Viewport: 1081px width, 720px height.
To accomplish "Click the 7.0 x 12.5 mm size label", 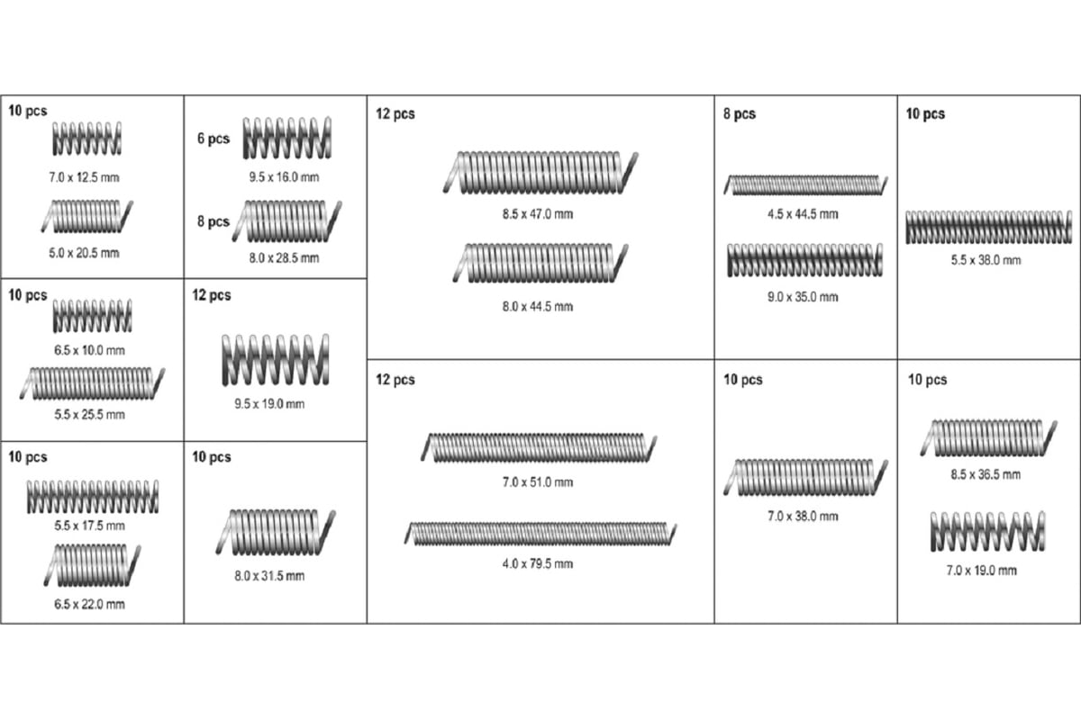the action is click(84, 177).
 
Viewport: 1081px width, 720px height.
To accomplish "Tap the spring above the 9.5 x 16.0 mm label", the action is click(287, 138).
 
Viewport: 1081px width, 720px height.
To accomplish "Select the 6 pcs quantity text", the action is click(213, 139).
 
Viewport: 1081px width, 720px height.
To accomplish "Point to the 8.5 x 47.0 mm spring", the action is click(540, 173).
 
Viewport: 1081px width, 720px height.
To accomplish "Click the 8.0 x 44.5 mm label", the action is click(538, 307).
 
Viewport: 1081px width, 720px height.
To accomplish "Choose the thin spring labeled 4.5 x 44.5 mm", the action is click(805, 185).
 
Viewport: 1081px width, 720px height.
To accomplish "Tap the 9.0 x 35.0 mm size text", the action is click(803, 297).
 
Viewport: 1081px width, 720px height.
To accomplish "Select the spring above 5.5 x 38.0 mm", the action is click(989, 227).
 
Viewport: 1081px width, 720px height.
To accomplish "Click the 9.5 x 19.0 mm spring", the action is click(276, 360).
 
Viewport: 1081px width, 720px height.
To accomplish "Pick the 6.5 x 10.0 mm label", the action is click(89, 350).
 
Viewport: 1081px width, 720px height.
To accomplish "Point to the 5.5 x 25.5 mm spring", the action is click(92, 383).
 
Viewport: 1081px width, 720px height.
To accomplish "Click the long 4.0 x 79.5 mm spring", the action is click(540, 534).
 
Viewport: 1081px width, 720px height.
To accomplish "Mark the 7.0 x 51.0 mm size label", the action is click(538, 482).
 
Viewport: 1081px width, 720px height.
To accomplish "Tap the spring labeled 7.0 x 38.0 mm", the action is click(805, 477).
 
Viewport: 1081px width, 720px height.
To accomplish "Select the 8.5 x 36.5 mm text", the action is click(986, 474).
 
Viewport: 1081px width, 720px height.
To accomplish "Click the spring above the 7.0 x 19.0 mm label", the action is click(988, 531).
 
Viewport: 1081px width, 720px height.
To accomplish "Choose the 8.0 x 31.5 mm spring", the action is click(276, 533).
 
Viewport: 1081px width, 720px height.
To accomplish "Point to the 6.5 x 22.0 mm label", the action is click(89, 604).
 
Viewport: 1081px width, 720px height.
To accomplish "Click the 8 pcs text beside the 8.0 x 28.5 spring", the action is click(213, 221).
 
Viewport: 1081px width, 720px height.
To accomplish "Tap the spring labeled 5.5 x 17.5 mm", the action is click(92, 497).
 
